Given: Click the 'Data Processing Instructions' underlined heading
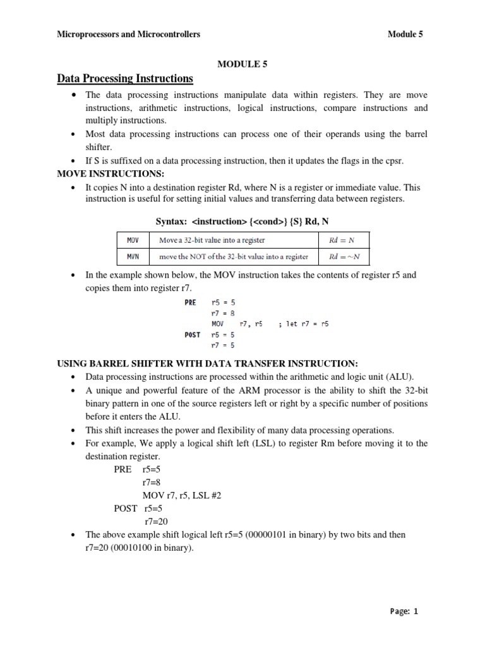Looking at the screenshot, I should click(x=125, y=79).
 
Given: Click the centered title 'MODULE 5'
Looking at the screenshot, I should click(x=242, y=64).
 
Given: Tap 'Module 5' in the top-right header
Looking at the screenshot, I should click(x=405, y=34).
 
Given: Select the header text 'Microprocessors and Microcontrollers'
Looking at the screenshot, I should click(x=129, y=34).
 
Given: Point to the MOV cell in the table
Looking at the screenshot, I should click(x=133, y=240).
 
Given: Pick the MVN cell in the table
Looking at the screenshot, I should click(x=133, y=256).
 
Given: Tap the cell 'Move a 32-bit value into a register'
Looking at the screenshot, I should click(x=212, y=240).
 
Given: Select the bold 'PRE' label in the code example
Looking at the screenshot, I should click(x=190, y=302).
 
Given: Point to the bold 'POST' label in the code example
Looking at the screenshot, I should click(x=192, y=334).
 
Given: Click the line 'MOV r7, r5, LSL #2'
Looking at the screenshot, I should click(x=182, y=496).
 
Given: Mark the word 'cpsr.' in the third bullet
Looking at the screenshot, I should click(x=392, y=161).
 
